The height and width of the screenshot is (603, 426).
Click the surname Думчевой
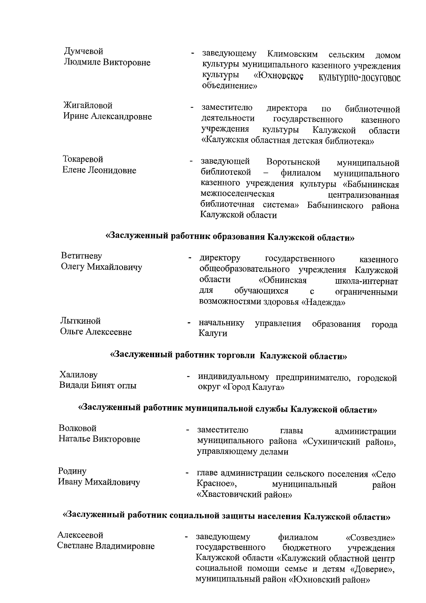(x=83, y=52)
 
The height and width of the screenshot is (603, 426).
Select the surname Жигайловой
(x=88, y=106)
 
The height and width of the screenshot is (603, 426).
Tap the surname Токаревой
(x=83, y=159)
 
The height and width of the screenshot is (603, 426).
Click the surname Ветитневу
(x=81, y=256)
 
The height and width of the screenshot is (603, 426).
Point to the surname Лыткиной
(x=80, y=321)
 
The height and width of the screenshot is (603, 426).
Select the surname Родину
(x=72, y=472)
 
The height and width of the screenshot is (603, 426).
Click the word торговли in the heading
(x=237, y=355)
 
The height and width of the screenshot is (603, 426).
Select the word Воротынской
(x=293, y=162)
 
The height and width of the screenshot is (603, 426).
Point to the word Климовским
(x=293, y=55)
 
